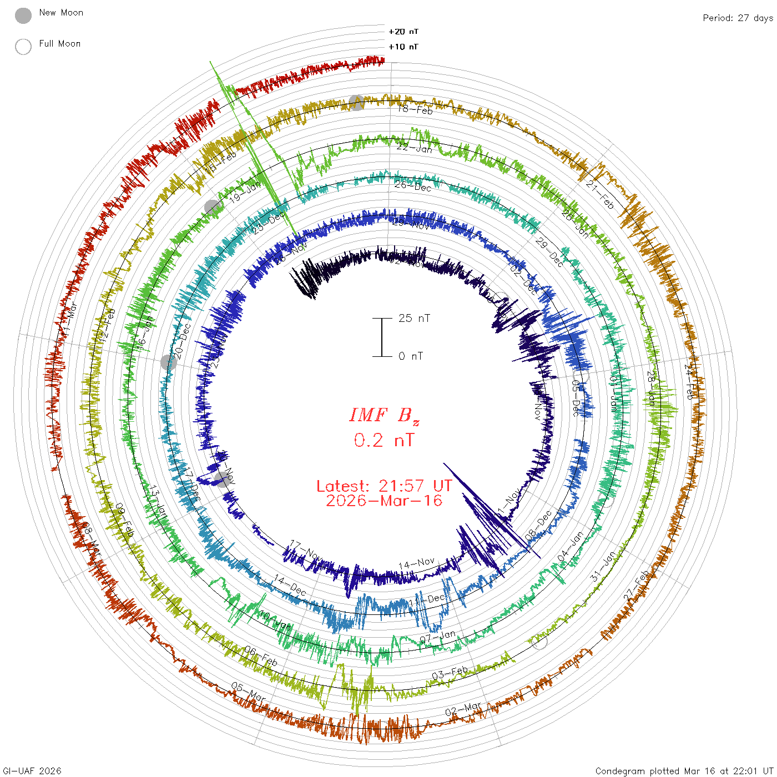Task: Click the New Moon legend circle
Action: pos(23,16)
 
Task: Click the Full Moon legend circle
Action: pos(23,47)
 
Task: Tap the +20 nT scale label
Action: pos(403,32)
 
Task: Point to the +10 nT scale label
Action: pos(403,47)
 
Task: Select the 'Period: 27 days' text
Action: pos(738,18)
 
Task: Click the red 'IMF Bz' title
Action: pos(384,415)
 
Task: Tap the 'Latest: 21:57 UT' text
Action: pos(384,486)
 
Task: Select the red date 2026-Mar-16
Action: pos(384,501)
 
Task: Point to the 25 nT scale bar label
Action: pos(414,318)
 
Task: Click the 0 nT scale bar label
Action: pos(411,356)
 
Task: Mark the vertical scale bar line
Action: pos(382,337)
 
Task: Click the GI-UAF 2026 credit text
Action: pos(32,771)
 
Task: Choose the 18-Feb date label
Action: pos(415,109)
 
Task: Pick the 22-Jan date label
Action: pos(415,148)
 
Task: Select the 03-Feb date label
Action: pos(450,673)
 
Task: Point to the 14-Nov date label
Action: pos(417,564)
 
